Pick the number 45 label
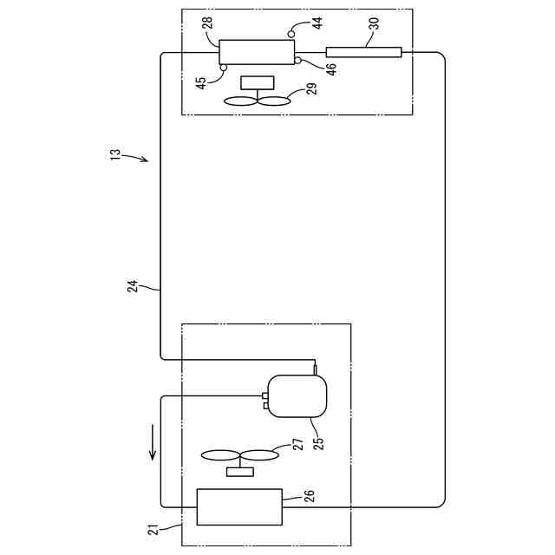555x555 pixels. (x=200, y=82)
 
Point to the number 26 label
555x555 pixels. (x=308, y=496)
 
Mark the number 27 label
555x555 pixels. (x=297, y=445)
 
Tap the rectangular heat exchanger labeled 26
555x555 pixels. (x=240, y=506)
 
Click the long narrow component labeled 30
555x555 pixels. (x=364, y=52)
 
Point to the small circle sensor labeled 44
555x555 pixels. (x=292, y=33)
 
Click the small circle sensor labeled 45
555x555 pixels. (x=224, y=67)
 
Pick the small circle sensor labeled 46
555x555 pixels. (x=297, y=60)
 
